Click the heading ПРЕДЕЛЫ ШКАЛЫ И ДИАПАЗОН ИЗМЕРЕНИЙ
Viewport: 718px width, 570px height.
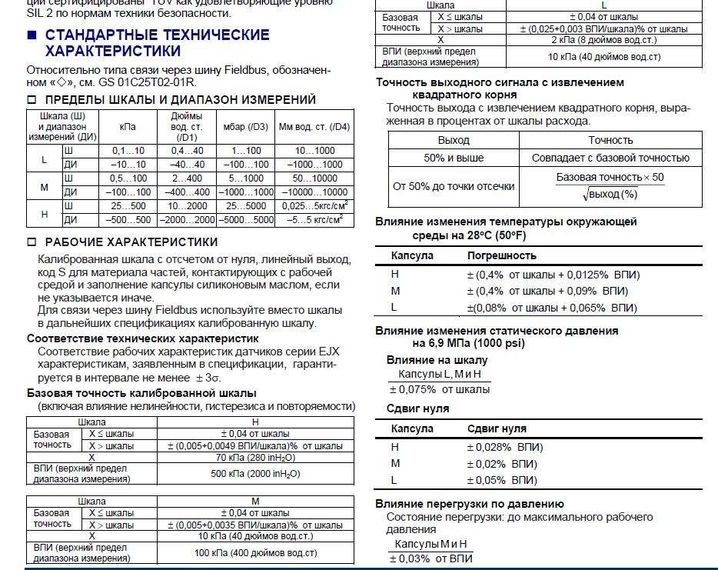coord(180,100)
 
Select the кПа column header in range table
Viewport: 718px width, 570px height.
coord(128,127)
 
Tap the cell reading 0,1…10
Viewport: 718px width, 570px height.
coord(128,151)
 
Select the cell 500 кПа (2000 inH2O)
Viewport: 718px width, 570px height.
coord(255,474)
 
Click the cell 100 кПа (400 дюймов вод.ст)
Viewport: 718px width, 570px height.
coord(255,553)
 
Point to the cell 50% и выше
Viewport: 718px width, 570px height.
coord(454,158)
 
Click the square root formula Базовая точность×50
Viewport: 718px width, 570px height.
coord(610,185)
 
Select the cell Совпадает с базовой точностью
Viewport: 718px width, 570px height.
coord(610,158)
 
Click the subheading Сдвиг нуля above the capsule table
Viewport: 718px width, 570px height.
coord(417,408)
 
